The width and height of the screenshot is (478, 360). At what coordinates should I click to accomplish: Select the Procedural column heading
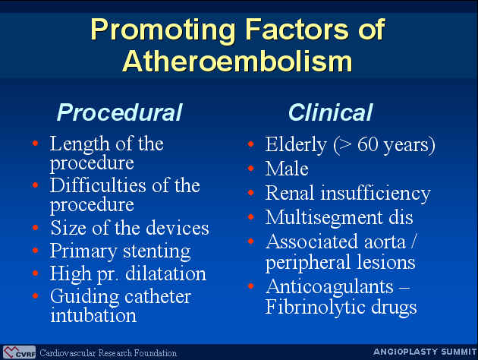point(120,112)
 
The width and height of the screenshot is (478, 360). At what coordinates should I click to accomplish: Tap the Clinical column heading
point(330,112)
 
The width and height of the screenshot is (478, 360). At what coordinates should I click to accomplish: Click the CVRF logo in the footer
point(19,352)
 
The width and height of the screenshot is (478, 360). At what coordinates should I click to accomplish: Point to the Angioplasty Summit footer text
point(425,352)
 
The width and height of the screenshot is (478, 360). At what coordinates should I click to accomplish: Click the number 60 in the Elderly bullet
point(368,144)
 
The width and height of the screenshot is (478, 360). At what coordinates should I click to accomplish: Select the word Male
point(287,169)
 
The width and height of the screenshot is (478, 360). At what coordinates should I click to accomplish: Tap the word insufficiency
point(376,194)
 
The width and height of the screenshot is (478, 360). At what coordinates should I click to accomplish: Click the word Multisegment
point(324,218)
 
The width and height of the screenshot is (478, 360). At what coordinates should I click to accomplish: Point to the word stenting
point(157,252)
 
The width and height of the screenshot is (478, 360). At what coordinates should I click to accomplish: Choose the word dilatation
point(165,273)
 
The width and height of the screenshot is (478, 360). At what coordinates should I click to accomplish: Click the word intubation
point(93,315)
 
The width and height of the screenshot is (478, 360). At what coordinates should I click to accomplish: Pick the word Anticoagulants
point(329,287)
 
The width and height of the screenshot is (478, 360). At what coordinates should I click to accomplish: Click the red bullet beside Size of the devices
point(36,228)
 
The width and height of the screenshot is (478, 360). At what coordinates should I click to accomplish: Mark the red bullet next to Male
point(251,168)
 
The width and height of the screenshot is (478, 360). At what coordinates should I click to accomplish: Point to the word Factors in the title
point(297,29)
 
